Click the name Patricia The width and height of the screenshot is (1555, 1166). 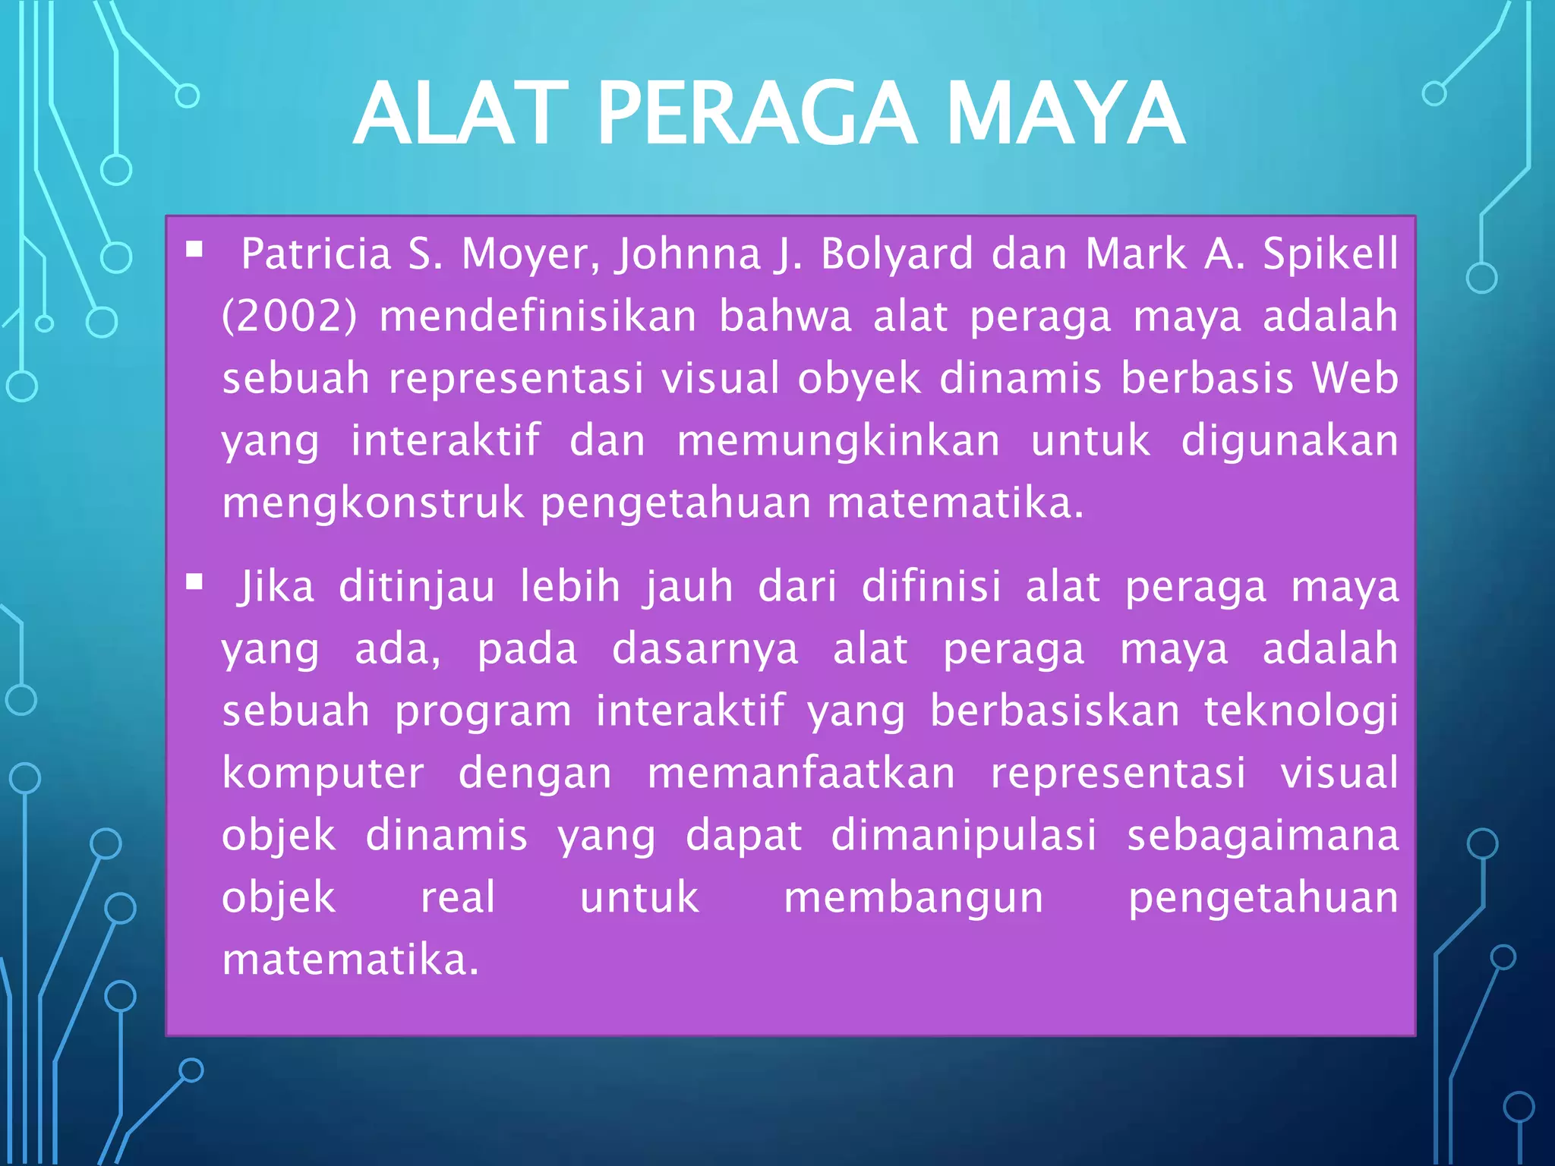tap(316, 254)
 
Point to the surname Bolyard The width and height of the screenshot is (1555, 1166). tap(897, 254)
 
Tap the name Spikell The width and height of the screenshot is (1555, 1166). tap(1330, 254)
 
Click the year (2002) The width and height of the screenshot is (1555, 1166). tap(289, 317)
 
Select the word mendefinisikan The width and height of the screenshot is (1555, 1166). tap(538, 317)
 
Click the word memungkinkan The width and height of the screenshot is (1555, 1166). tap(839, 441)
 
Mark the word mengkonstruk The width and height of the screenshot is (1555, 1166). tap(373, 503)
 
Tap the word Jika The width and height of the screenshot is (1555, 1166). tap(276, 587)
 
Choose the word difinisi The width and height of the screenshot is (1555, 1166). tap(932, 587)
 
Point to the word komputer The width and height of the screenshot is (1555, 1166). tap(323, 774)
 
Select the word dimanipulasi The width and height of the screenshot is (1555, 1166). tap(964, 836)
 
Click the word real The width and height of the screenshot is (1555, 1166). tap(458, 897)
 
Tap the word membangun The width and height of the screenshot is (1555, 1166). tap(914, 897)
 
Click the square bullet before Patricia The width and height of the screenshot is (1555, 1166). tap(194, 249)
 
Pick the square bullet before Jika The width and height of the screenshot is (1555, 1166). tap(194, 582)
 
